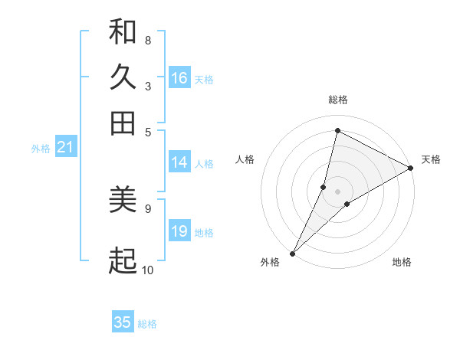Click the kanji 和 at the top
click(x=123, y=33)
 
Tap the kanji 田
click(x=123, y=123)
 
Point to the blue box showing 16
click(x=179, y=78)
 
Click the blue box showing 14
click(x=179, y=162)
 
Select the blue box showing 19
click(x=179, y=232)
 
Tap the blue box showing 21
click(x=64, y=148)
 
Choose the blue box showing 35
click(x=123, y=322)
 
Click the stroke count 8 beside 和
click(x=148, y=40)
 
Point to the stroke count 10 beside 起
click(x=148, y=270)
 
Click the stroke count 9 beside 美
click(x=148, y=208)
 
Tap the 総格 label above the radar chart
click(x=337, y=100)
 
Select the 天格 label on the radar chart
click(x=431, y=159)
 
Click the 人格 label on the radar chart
click(x=245, y=159)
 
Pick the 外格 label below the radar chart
click(x=270, y=263)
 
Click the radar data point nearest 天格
click(x=411, y=168)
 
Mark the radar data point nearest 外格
click(x=292, y=253)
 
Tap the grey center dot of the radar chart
click(x=337, y=191)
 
